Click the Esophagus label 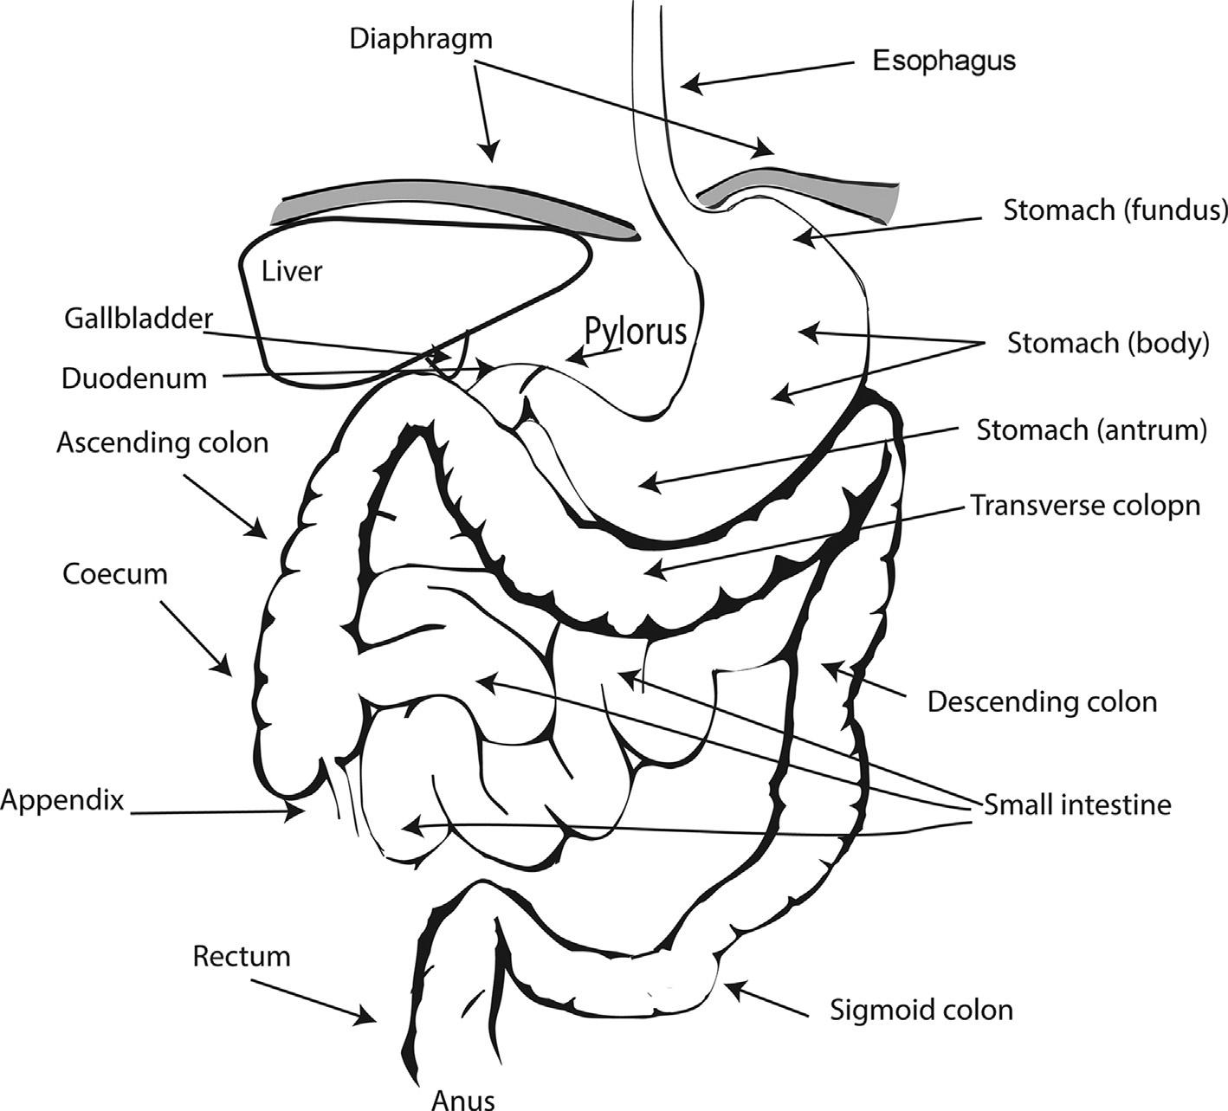coord(943,61)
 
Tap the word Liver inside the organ coord(292,271)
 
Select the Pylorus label coord(636,331)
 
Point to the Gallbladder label coord(138,319)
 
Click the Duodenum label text coord(134,379)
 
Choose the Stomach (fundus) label coord(1115,210)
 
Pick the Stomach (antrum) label coord(1091,430)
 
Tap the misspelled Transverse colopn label coord(1085,505)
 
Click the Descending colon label coord(1042,701)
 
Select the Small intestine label coord(1077,804)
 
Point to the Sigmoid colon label coord(921,1010)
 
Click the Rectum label coord(242,957)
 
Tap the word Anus coord(463,1100)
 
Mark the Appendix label coord(62,801)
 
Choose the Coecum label coord(115,574)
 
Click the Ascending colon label coord(163,442)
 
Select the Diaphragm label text coord(421,39)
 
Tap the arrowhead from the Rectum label coord(370,1018)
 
